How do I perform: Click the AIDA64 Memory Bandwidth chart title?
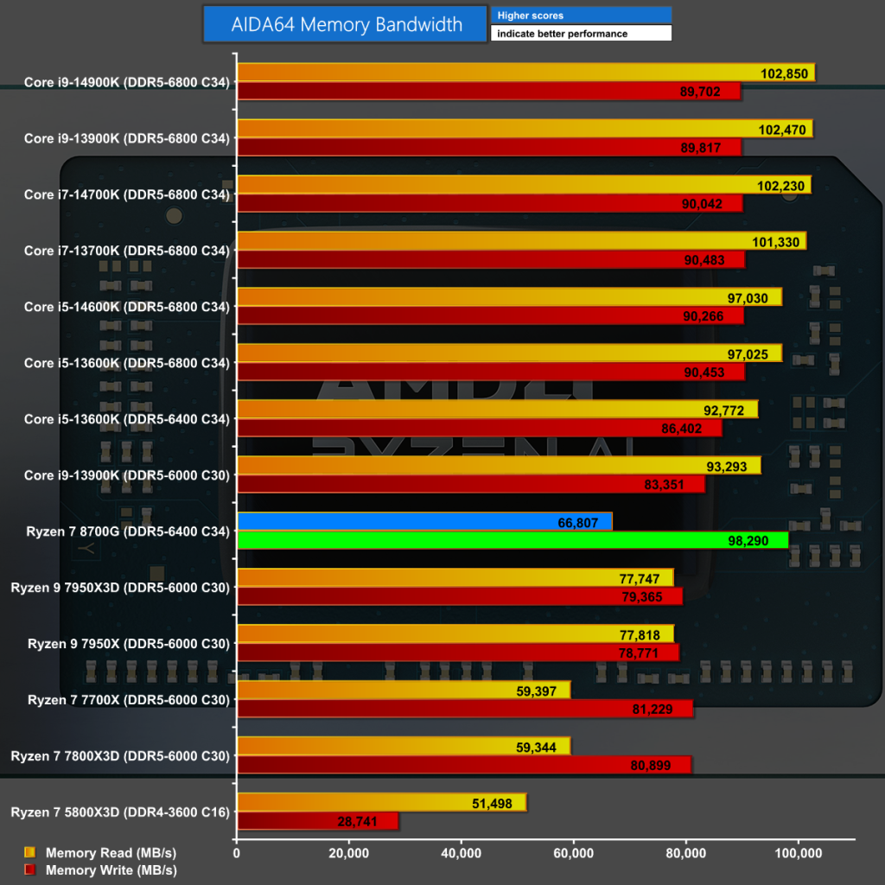pyautogui.click(x=347, y=24)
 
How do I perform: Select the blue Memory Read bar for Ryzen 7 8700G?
pyautogui.click(x=423, y=521)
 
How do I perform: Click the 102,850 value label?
pyautogui.click(x=785, y=73)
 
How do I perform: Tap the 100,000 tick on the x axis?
pyautogui.click(x=798, y=853)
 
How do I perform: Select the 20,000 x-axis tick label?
pyautogui.click(x=348, y=853)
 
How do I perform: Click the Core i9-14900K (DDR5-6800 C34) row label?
pyautogui.click(x=128, y=84)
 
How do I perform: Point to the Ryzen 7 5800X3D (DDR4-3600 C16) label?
pyautogui.click(x=120, y=812)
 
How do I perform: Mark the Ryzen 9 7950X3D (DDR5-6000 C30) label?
pyautogui.click(x=120, y=588)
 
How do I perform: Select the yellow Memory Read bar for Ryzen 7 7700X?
pyautogui.click(x=403, y=690)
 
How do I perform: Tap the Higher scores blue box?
pyautogui.click(x=581, y=16)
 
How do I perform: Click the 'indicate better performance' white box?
pyautogui.click(x=581, y=34)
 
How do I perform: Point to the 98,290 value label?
pyautogui.click(x=758, y=540)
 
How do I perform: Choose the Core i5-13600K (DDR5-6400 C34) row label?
pyautogui.click(x=128, y=419)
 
